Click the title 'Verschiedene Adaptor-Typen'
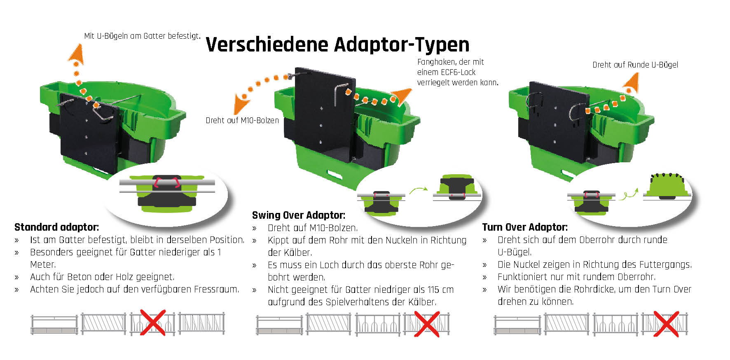[x=337, y=44]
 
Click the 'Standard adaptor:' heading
[x=56, y=227]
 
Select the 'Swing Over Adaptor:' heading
[x=298, y=215]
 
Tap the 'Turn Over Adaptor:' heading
[x=524, y=227]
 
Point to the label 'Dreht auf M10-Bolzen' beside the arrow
[x=242, y=120]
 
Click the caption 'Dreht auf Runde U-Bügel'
[x=635, y=65]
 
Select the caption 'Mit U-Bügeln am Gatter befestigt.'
[x=142, y=36]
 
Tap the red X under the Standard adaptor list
[x=153, y=322]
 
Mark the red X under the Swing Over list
[x=426, y=324]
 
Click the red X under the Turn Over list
[x=666, y=324]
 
